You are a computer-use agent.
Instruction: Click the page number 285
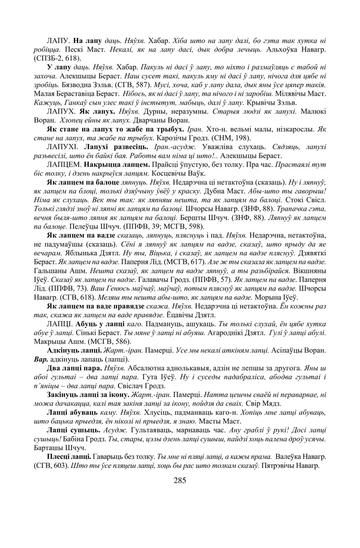point(180,481)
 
